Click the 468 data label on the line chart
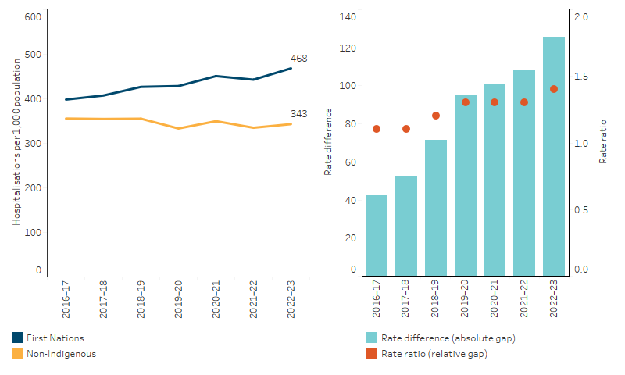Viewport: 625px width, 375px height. (298, 59)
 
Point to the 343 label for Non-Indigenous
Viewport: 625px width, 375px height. (298, 114)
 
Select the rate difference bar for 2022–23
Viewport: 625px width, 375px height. (554, 156)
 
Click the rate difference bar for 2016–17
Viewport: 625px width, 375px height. (377, 234)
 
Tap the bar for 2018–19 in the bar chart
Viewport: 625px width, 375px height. (436, 207)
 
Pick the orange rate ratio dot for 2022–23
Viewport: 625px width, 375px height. (554, 89)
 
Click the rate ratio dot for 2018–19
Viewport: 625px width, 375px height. (436, 116)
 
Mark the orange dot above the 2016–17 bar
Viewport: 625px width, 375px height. (377, 129)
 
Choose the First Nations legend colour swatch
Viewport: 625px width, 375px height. (17, 338)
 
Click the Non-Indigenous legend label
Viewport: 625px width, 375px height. (62, 354)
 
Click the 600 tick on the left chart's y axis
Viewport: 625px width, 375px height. (33, 16)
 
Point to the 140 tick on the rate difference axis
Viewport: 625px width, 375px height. (348, 16)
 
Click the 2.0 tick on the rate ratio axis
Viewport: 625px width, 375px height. (580, 16)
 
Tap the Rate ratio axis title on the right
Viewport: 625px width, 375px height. (603, 145)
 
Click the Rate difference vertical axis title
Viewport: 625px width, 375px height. (328, 145)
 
